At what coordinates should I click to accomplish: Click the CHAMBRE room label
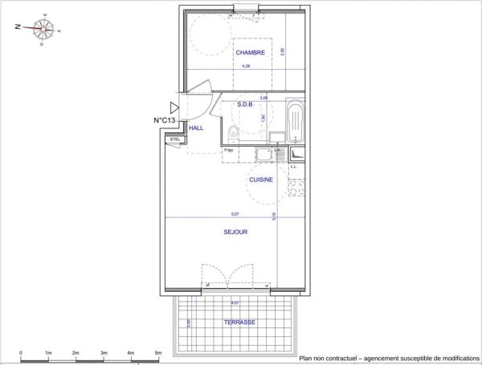pyautogui.click(x=250, y=53)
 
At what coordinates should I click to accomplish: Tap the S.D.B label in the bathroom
pyautogui.click(x=246, y=104)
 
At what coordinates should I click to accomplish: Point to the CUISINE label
pyautogui.click(x=261, y=180)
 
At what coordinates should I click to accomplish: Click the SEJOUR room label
pyautogui.click(x=235, y=232)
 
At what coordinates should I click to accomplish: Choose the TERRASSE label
pyautogui.click(x=239, y=322)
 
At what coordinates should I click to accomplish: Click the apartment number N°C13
pyautogui.click(x=165, y=120)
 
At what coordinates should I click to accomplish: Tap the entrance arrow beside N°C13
pyautogui.click(x=174, y=107)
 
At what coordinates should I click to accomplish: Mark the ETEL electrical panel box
pyautogui.click(x=174, y=140)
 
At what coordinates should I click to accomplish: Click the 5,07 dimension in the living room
pyautogui.click(x=235, y=214)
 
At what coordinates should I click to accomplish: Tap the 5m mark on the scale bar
pyautogui.click(x=158, y=352)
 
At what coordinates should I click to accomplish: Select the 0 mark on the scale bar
pyautogui.click(x=21, y=352)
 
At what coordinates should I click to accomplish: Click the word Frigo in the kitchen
pyautogui.click(x=229, y=151)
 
